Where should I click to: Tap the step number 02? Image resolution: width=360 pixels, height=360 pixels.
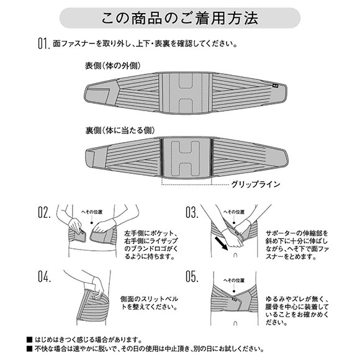click(44, 213)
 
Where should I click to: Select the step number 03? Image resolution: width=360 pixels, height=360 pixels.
click(192, 213)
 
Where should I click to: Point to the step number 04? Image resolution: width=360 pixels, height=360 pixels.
click(44, 277)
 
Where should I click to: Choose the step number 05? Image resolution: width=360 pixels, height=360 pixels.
click(192, 277)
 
